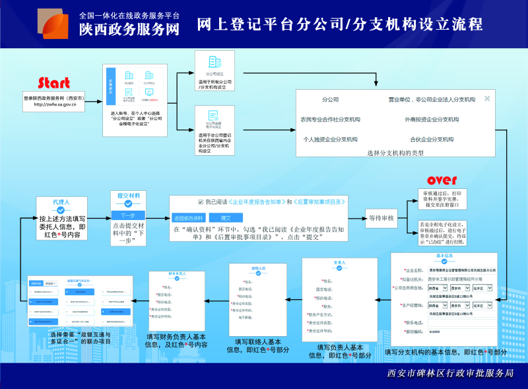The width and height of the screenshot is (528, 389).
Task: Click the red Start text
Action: [x=53, y=83]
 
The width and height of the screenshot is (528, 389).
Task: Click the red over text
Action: [x=442, y=180]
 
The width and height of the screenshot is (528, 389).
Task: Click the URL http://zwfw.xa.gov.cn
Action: [x=54, y=104]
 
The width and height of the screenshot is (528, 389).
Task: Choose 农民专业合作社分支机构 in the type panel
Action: [x=330, y=120]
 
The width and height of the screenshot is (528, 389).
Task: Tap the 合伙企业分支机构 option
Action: [x=432, y=139]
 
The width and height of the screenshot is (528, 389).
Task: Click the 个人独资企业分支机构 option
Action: [x=330, y=139]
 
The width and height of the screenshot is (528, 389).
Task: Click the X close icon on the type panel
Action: [x=487, y=98]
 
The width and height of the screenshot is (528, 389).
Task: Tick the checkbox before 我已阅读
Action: [x=200, y=201]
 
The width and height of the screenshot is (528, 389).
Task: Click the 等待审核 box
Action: [x=381, y=217]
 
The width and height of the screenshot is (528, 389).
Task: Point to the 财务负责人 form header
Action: [x=176, y=273]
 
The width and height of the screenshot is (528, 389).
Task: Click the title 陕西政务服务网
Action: [x=129, y=29]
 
